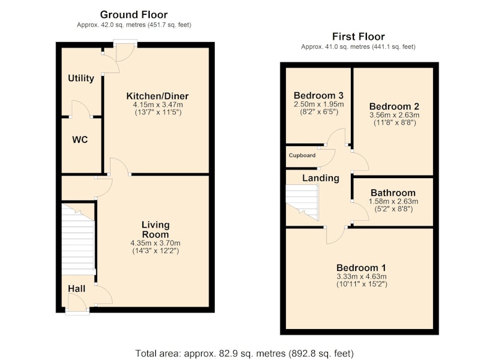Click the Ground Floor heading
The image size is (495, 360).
134,14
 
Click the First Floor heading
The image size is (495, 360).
358,36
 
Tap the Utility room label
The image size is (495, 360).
81,78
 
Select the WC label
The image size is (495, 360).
80,139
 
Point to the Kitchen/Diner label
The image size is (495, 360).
158,96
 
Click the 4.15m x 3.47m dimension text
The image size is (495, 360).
158,105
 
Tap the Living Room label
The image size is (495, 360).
155,229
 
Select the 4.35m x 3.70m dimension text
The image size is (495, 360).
155,243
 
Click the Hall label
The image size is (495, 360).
76,288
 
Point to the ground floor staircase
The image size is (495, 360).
78,239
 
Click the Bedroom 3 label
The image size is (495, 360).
319,95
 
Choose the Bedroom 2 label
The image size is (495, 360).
394,106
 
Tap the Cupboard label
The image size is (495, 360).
302,155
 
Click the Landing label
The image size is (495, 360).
321,178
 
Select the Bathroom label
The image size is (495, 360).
393,192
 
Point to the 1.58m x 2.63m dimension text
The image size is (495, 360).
394,201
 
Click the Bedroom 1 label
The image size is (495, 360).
361,268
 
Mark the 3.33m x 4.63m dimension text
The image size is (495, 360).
361,276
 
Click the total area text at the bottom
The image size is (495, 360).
244,353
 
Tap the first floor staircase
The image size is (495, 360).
302,202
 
